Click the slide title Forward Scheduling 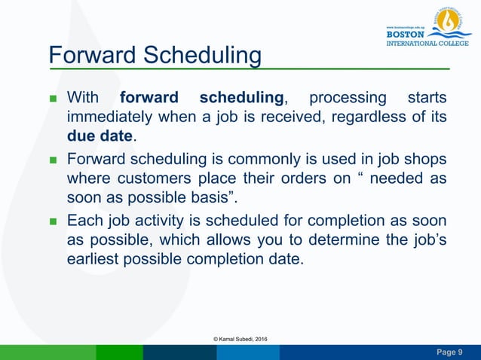155,56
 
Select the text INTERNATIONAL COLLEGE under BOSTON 427,43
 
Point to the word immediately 109,117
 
